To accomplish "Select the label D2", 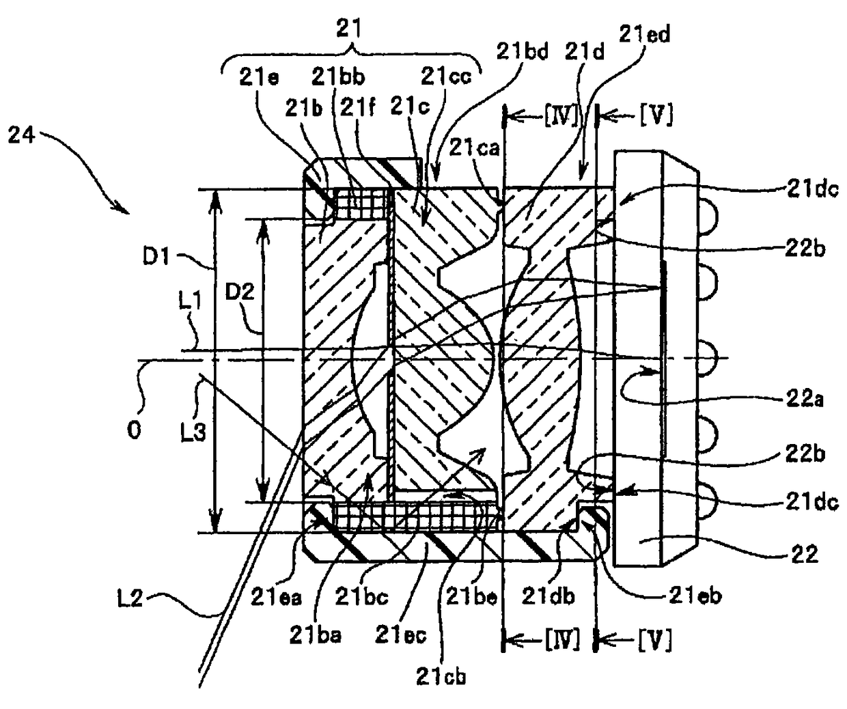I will (240, 294).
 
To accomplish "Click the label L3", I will (194, 432).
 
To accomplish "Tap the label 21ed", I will (644, 33).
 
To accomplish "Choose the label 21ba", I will (315, 636).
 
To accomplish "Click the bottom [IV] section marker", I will (562, 640).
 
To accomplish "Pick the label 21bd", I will (523, 52).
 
